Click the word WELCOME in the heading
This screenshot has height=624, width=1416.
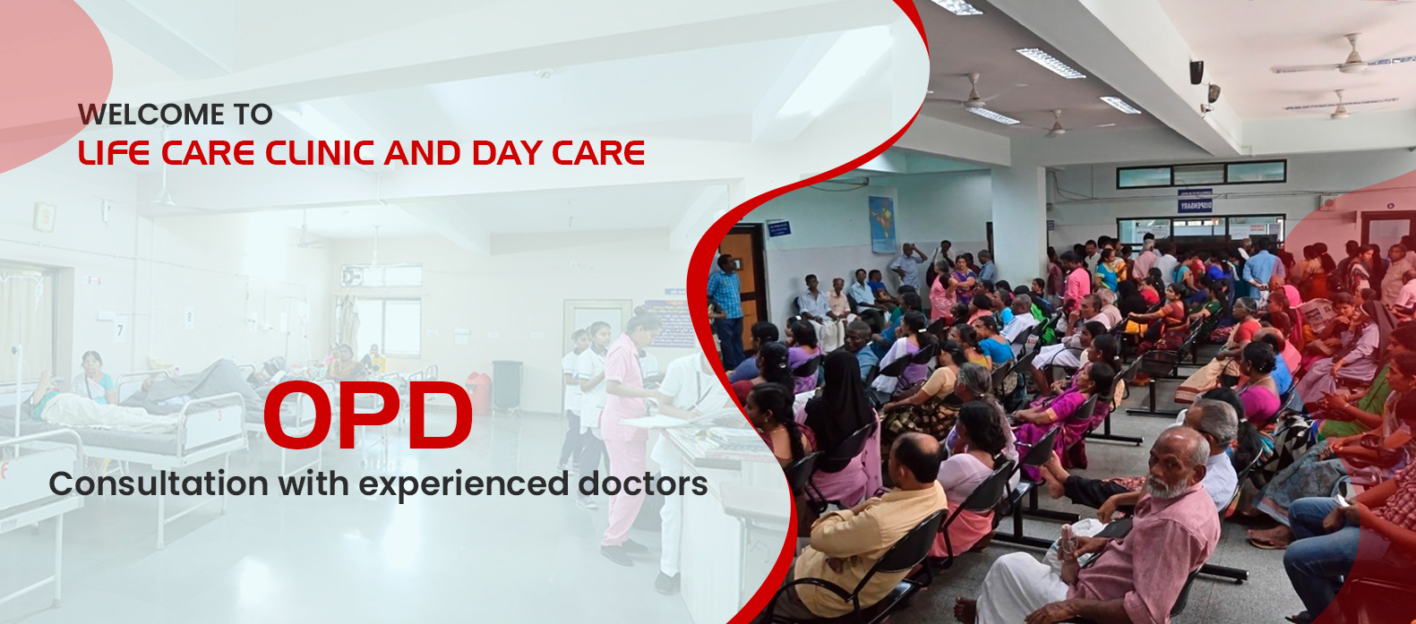[x=151, y=115]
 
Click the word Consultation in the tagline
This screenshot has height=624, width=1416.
[x=159, y=483]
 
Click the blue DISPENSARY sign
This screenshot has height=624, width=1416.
[x=1195, y=206]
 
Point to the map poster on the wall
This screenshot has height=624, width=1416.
[x=882, y=224]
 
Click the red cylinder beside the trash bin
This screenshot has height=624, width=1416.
[x=479, y=392]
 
